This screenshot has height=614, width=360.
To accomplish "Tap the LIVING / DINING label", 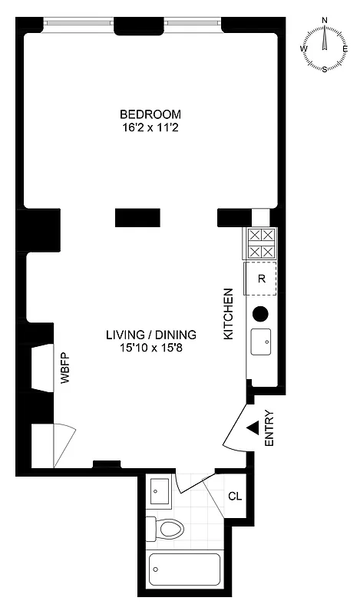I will point(150,335).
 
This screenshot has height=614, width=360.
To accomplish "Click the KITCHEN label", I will point(228,314).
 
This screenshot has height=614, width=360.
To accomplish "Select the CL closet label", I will point(235,496).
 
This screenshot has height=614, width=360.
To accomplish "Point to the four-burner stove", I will point(259,244).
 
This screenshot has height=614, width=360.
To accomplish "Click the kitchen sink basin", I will point(261,341).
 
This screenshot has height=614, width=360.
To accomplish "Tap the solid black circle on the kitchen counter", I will point(260,313).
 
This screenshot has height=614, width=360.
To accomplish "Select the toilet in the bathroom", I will point(169,529).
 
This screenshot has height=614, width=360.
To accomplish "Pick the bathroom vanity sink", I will point(160,491).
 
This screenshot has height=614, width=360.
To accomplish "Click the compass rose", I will point(325,48).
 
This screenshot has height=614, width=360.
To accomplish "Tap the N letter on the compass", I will point(325,21).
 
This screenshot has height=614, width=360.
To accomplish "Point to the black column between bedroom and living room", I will point(137,217).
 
